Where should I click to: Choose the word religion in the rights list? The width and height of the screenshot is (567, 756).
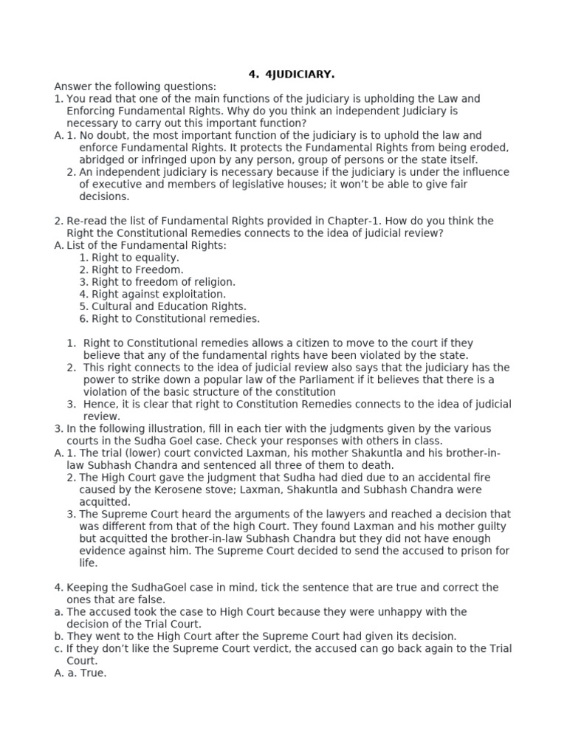[x=209, y=282]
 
